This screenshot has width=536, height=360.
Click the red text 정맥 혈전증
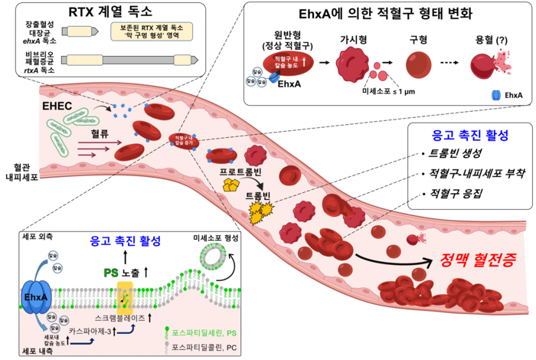pyautogui.click(x=477, y=260)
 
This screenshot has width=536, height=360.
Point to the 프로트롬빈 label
pyautogui.click(x=241, y=171)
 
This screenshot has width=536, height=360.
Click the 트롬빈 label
pyautogui.click(x=258, y=196)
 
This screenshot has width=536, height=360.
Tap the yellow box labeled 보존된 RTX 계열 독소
pyautogui.click(x=151, y=31)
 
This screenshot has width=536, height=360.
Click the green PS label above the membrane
pyautogui.click(x=110, y=273)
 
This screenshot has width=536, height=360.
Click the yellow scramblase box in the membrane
pyautogui.click(x=125, y=295)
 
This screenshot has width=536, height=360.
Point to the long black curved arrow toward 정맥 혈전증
pyautogui.click(x=383, y=260)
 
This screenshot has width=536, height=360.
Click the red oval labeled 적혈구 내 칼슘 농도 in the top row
pyautogui.click(x=283, y=62)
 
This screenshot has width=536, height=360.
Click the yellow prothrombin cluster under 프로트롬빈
pyautogui.click(x=230, y=185)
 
